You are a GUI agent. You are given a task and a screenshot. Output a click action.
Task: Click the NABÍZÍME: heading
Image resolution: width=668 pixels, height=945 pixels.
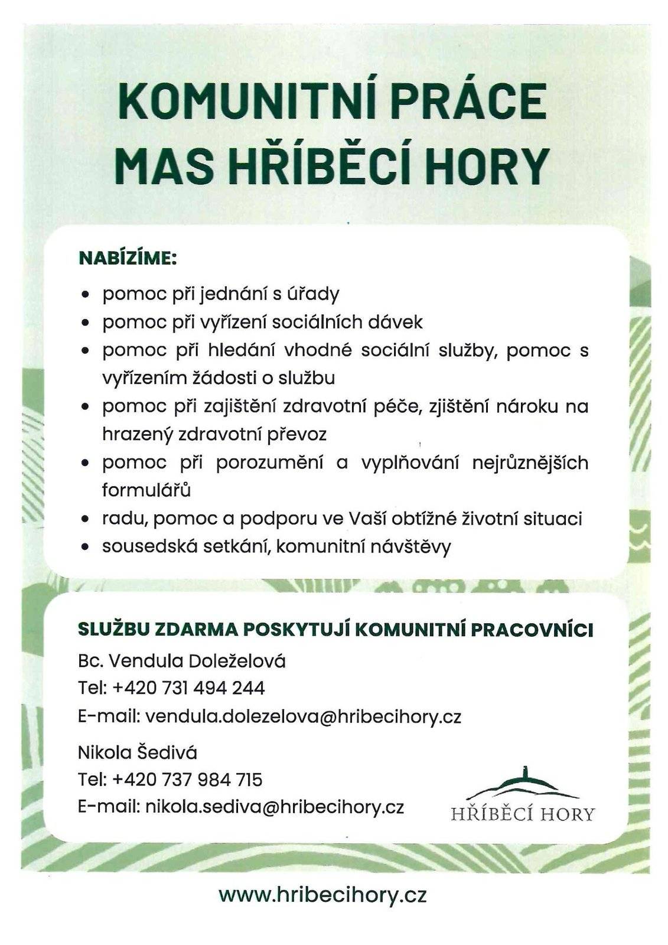pos(128,258)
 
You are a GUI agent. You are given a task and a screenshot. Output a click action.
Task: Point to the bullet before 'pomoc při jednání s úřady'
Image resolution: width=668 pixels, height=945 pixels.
pos(87,294)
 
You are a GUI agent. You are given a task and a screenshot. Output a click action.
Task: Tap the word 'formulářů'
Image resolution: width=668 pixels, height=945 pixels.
pos(146,490)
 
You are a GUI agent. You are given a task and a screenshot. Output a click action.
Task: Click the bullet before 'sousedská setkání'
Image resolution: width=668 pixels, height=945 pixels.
pos(87,548)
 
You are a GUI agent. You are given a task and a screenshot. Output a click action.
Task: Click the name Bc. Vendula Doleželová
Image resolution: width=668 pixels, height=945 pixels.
pos(182,660)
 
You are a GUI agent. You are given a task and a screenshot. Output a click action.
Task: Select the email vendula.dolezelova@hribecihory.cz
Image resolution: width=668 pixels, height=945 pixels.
pos(303,716)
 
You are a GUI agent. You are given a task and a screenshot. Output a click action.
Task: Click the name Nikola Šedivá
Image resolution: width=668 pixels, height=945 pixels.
pos(138,752)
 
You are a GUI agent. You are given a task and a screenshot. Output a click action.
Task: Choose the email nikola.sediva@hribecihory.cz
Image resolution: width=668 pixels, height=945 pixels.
pos(275,807)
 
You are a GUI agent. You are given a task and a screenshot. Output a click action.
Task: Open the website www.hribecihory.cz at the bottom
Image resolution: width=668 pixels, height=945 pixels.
pos(322,895)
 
